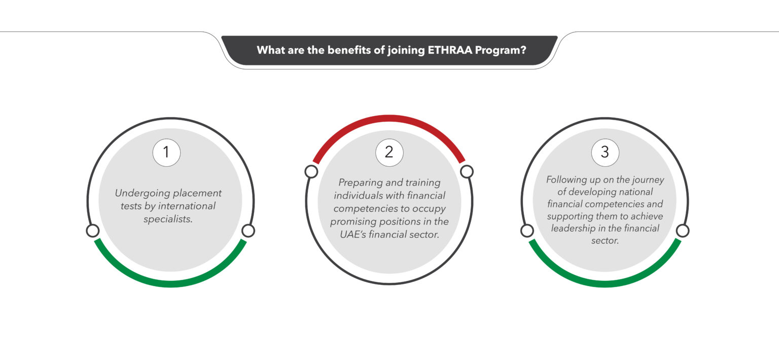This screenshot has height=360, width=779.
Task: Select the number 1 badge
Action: pyautogui.click(x=166, y=153)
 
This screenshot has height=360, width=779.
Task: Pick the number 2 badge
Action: pyautogui.click(x=389, y=152)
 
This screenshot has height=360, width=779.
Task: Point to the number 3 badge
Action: pyautogui.click(x=605, y=152)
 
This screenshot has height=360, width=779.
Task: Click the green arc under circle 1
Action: pyautogui.click(x=170, y=283)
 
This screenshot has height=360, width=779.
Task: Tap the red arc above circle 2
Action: pyautogui.click(x=389, y=119)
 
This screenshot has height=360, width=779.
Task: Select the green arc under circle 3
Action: pyautogui.click(x=605, y=283)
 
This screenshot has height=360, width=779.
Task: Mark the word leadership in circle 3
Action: pyautogui.click(x=573, y=229)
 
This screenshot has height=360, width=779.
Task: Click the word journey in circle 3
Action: pyautogui.click(x=646, y=179)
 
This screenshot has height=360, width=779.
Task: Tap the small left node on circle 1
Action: pyautogui.click(x=92, y=231)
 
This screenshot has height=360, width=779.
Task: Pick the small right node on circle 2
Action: pyautogui.click(x=467, y=172)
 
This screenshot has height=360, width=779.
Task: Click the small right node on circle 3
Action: pyautogui.click(x=683, y=231)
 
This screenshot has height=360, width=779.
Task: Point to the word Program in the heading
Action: pyautogui.click(x=500, y=50)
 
